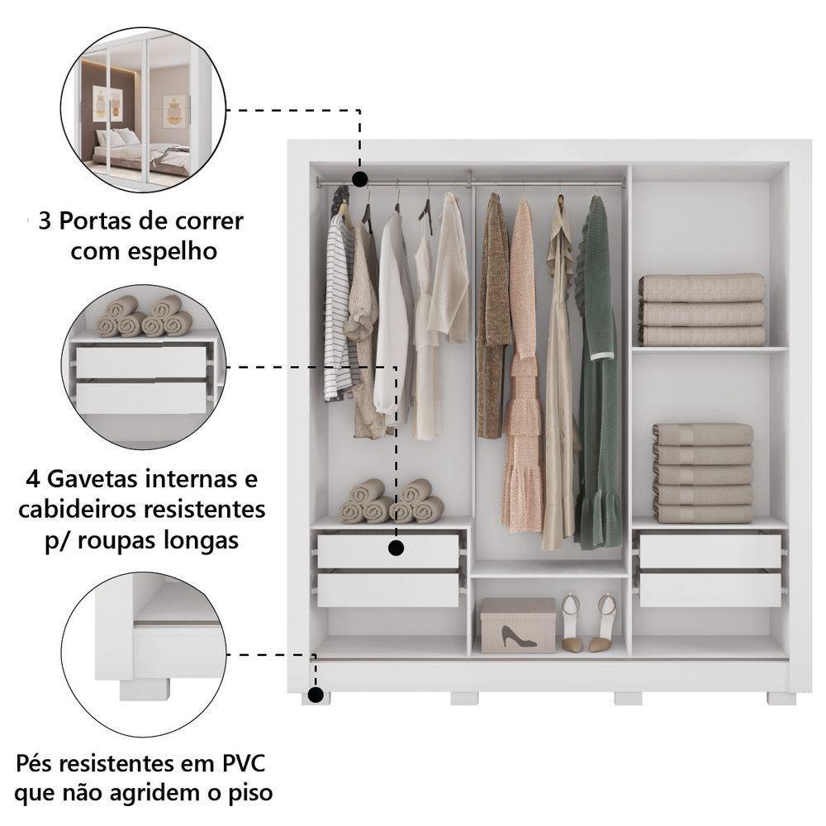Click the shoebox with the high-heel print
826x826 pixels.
coord(518,625)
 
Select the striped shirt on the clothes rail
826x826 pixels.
coord(338,314)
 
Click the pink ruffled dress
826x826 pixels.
coord(522,372)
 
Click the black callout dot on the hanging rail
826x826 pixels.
coord(359,178)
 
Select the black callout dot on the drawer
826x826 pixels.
coord(396,548)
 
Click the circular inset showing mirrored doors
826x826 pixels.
coord(136,110)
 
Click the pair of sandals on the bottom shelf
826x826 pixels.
coord(589,622)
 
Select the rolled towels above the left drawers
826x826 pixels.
coord(391,502)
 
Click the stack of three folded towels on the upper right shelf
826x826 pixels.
coord(701,311)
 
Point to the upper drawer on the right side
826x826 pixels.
coord(710,551)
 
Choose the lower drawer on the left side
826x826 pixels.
coord(388,590)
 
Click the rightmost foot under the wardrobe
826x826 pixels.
coord(781,699)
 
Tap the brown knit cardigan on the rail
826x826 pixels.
coord(493,314)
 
